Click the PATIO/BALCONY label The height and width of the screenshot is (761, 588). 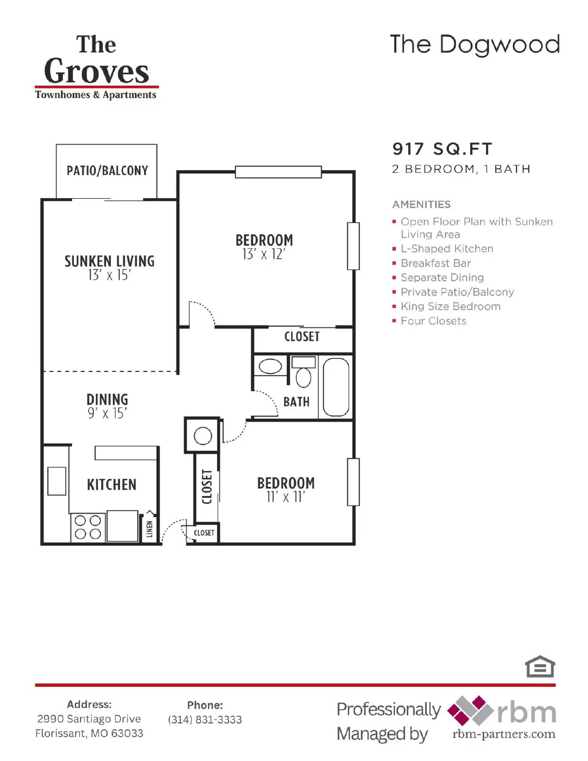[x=107, y=171]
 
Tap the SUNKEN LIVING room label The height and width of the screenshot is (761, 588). [x=109, y=261]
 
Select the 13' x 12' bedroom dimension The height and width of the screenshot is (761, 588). [x=264, y=255]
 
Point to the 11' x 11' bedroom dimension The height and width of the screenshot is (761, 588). [x=285, y=498]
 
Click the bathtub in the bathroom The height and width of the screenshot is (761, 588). [x=336, y=387]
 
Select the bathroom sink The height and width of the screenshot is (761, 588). [x=270, y=367]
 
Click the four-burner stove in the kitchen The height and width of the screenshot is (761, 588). [x=88, y=527]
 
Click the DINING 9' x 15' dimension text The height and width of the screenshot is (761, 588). [x=107, y=413]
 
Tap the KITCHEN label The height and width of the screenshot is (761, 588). [x=112, y=485]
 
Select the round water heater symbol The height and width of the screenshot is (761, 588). [x=203, y=436]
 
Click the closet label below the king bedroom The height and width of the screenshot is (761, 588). [x=302, y=337]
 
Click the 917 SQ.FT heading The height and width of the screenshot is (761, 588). [x=442, y=149]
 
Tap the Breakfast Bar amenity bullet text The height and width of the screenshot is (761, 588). [x=435, y=263]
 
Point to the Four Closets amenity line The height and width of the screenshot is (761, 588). [x=433, y=321]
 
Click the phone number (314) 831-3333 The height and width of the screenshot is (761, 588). [x=205, y=720]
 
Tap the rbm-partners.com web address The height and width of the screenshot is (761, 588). [x=504, y=734]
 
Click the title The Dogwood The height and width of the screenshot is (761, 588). [x=474, y=45]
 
